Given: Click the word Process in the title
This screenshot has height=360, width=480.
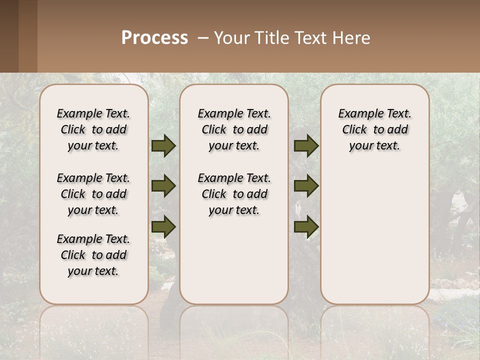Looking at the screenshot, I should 154,38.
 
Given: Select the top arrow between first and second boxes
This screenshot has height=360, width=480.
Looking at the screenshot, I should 163,145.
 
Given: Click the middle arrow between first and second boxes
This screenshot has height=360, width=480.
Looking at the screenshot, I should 163,186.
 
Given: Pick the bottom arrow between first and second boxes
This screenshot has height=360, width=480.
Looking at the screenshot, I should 163,226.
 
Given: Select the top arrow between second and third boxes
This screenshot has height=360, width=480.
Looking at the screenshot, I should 306,145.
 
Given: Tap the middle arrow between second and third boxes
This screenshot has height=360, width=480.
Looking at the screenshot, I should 306,186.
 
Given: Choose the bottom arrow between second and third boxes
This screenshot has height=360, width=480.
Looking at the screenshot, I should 306,226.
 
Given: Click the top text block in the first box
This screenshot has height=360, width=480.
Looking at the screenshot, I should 93,129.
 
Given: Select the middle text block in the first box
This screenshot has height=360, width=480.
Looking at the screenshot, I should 93,194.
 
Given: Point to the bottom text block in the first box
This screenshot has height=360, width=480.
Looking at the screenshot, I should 93,255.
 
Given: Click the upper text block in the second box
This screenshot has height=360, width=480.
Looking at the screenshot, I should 234,129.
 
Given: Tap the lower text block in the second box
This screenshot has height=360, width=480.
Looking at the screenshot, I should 234,194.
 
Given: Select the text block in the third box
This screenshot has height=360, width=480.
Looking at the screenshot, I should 374,129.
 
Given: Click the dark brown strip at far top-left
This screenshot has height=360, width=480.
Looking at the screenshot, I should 9,36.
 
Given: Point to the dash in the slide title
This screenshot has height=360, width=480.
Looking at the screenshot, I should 203,38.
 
